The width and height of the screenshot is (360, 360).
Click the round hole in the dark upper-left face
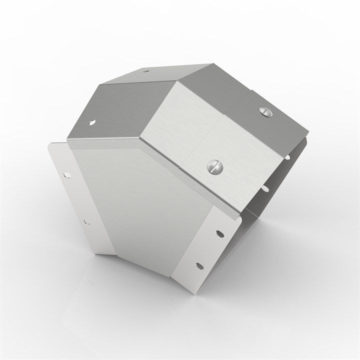coord(93,121)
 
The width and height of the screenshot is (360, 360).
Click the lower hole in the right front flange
coord(200,265)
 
